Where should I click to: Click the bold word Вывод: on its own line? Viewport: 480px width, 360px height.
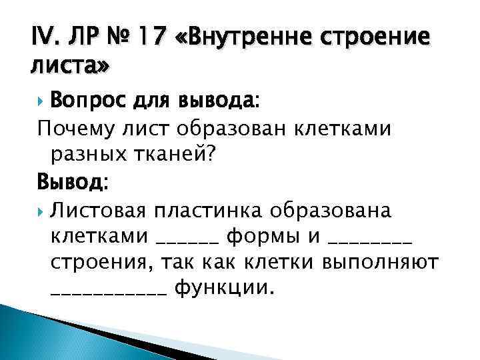tap(74, 182)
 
